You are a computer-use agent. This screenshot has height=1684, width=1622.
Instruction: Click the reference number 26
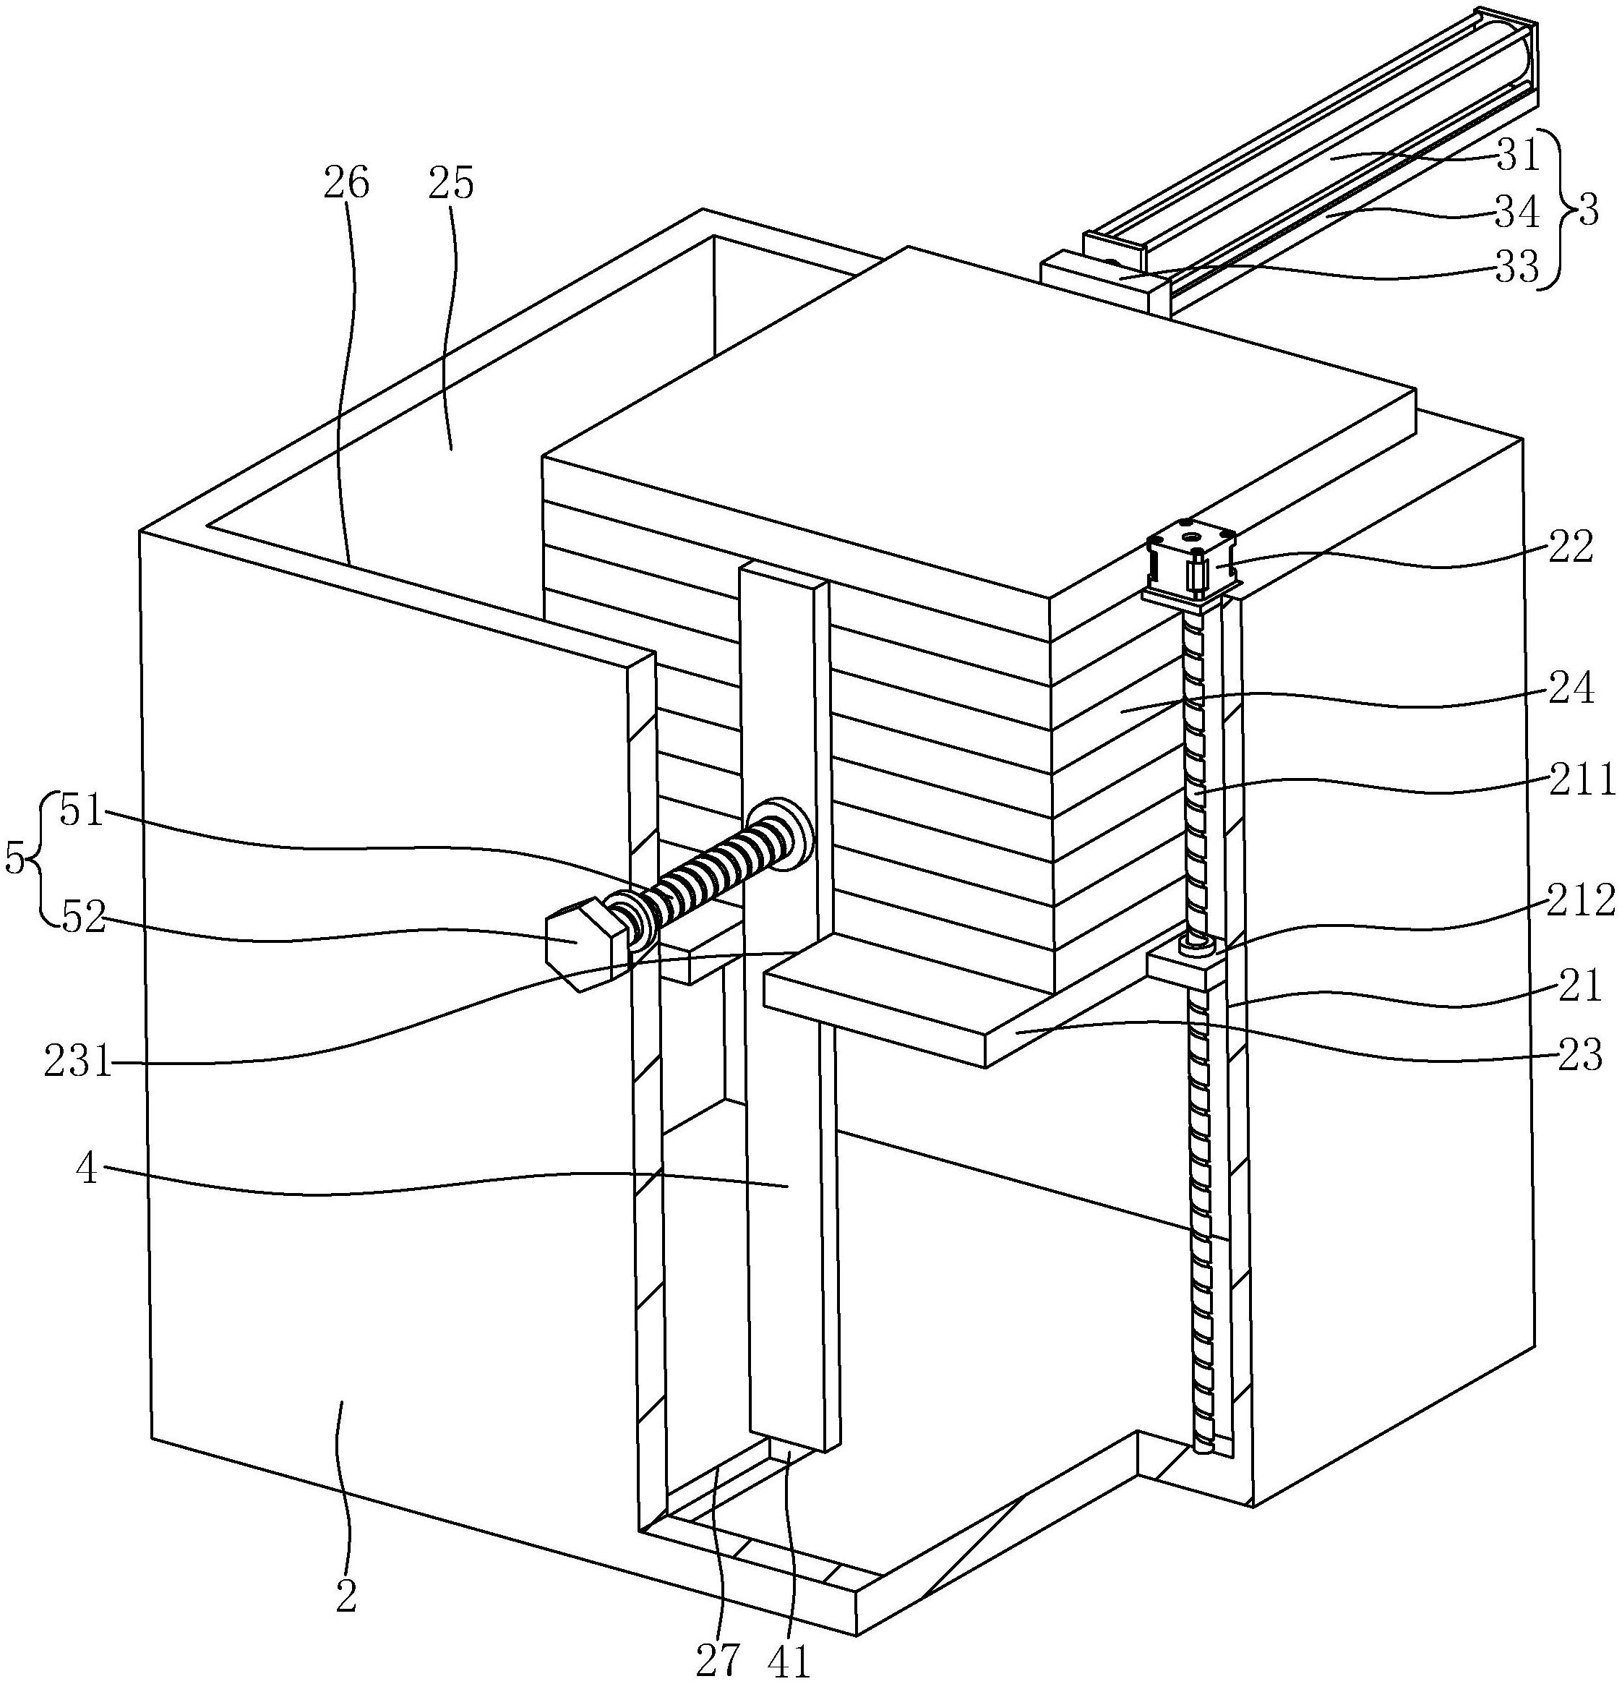click(346, 183)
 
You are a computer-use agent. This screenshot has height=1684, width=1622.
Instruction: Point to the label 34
click(1517, 213)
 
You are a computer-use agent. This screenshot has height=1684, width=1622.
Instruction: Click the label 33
click(1517, 270)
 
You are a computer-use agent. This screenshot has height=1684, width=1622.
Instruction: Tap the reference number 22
click(1571, 547)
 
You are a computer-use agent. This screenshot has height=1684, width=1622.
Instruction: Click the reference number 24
click(1571, 688)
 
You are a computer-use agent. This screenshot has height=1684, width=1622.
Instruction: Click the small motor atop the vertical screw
click(1192, 565)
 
